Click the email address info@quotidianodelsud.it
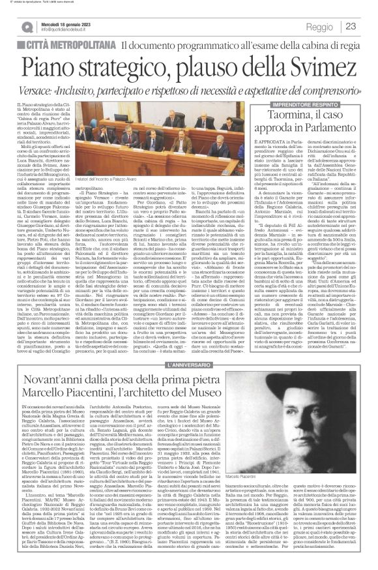pos(65,31)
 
